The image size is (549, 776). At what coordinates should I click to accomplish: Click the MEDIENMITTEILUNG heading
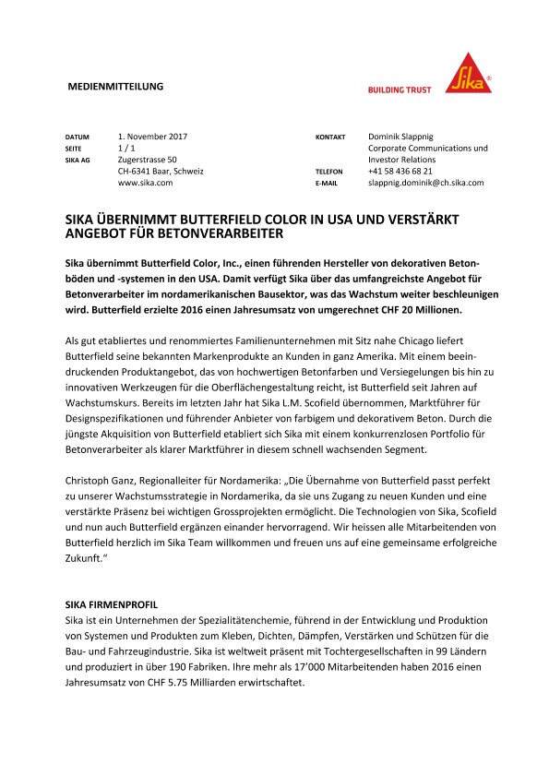click(x=116, y=87)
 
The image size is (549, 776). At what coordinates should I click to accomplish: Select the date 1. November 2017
click(x=153, y=137)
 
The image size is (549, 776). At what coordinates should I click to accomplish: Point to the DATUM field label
click(x=77, y=137)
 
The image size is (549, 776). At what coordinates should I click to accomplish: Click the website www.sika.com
click(x=146, y=184)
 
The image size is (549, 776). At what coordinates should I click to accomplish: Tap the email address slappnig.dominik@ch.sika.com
click(x=425, y=184)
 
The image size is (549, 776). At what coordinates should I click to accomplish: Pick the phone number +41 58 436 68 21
click(x=400, y=172)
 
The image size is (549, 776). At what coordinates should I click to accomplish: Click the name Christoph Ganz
click(x=89, y=482)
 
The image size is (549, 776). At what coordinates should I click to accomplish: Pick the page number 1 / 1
click(x=127, y=149)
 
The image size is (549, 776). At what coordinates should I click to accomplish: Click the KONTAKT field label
click(x=330, y=137)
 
